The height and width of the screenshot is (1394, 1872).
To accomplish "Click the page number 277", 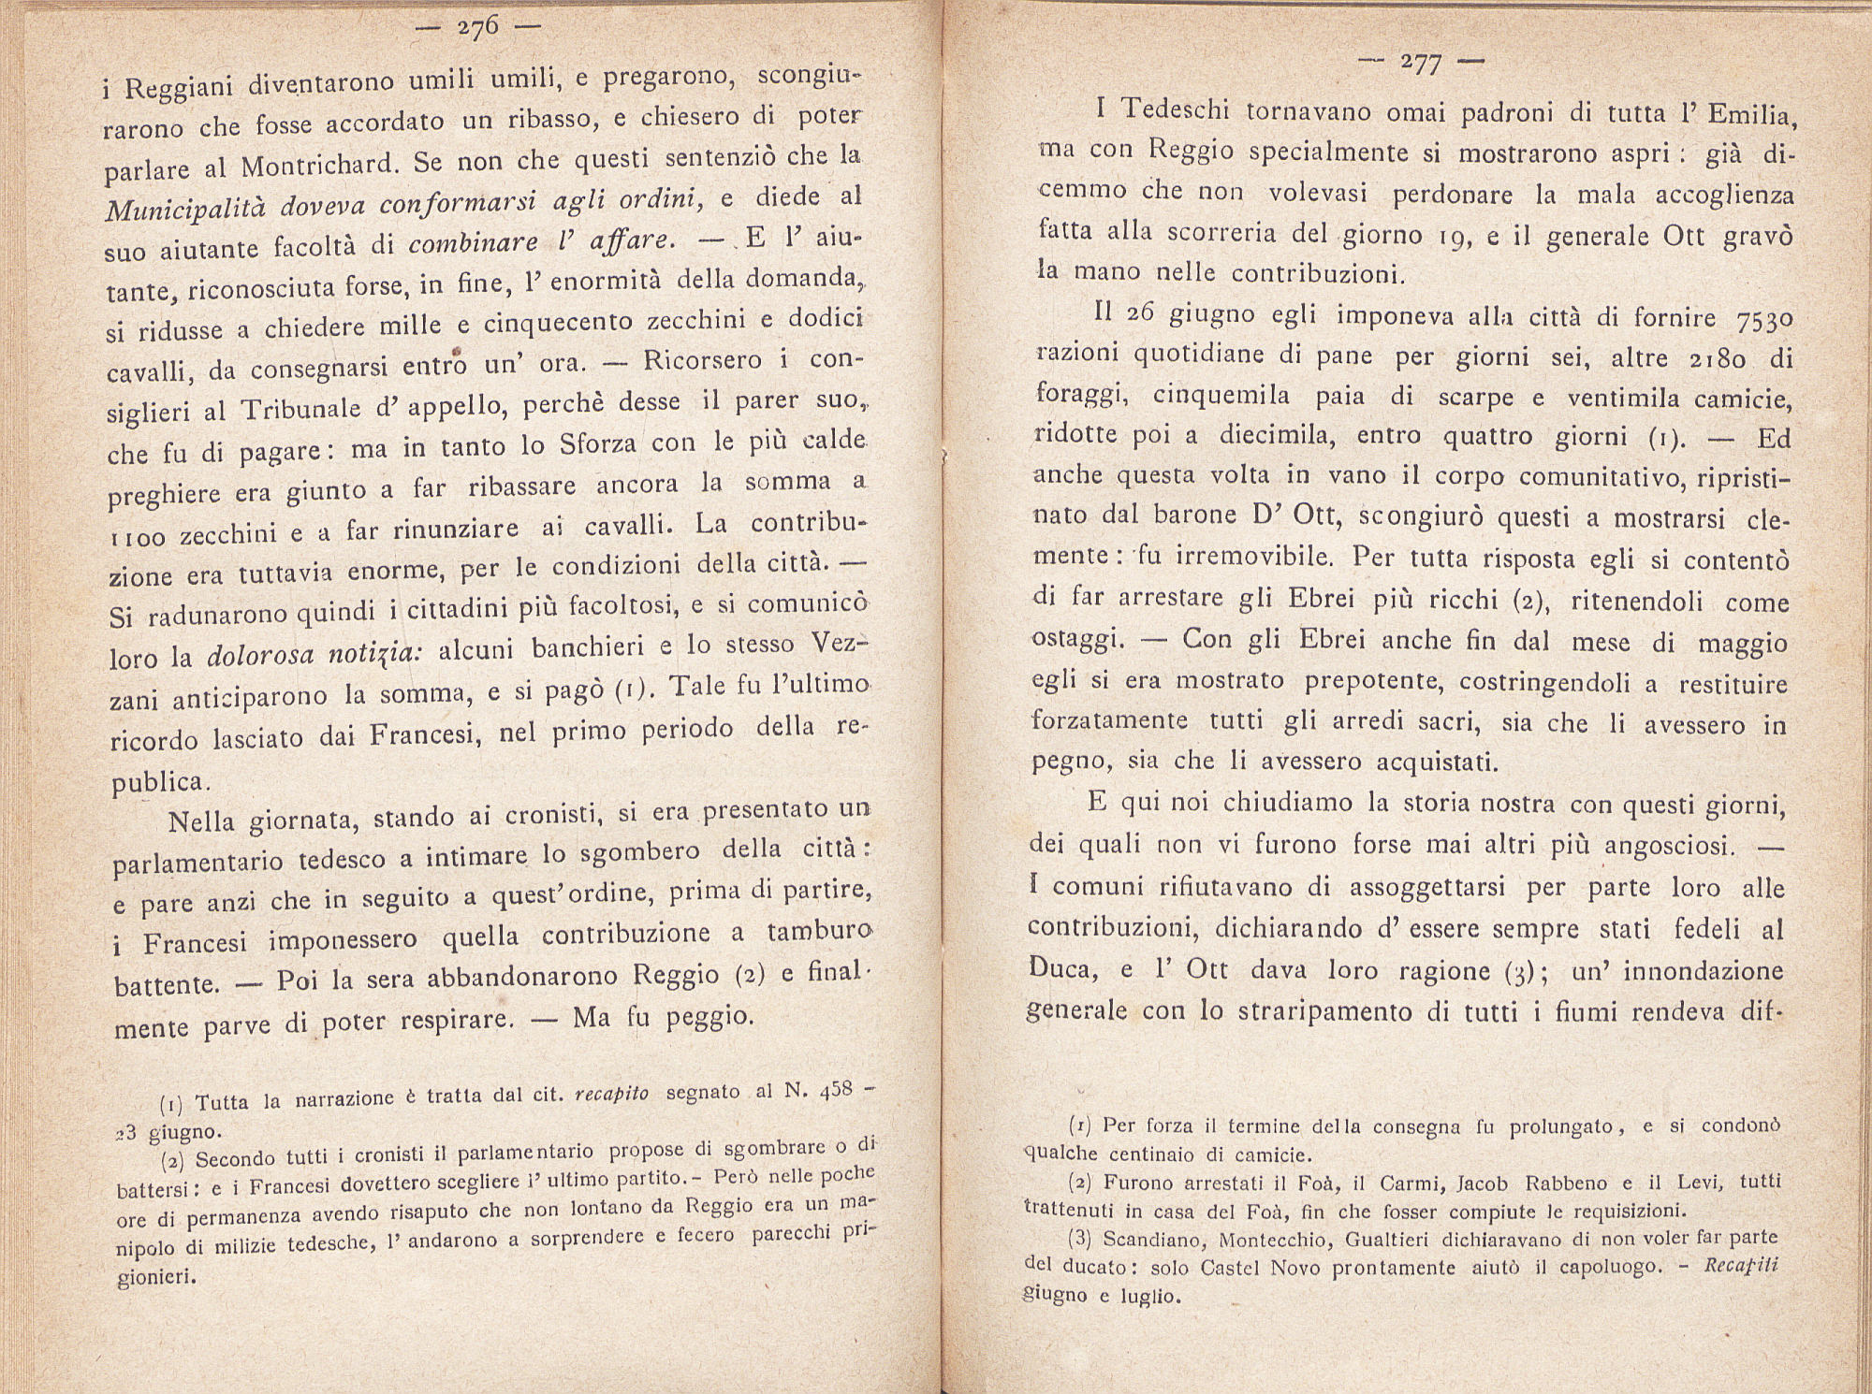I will click(1422, 64).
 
